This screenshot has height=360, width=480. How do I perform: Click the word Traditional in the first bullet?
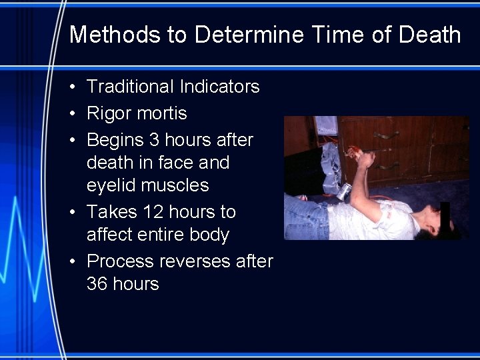pos(129,87)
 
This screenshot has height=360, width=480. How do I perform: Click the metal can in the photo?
pos(344,191)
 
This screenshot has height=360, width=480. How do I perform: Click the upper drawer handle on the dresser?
pos(387,135)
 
